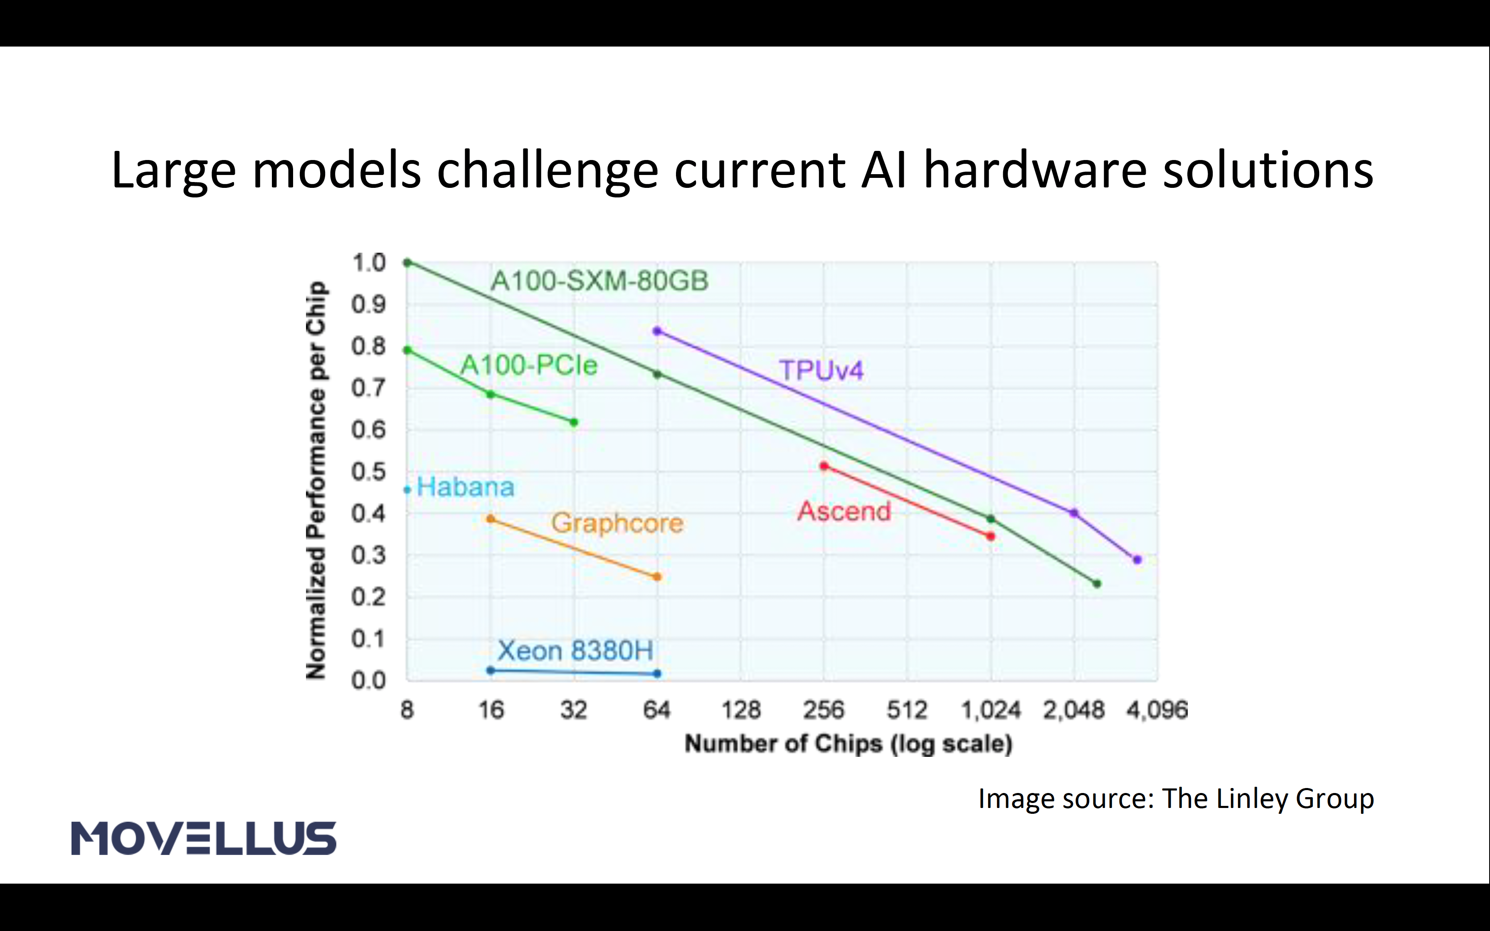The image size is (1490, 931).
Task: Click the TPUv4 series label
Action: coord(821,370)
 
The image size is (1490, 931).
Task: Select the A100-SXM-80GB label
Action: coord(599,281)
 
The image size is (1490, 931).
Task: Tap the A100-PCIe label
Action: coord(529,365)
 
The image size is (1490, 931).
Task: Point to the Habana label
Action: coord(466,487)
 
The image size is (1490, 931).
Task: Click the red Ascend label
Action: coord(844,511)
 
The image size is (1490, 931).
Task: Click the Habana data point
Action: coord(407,490)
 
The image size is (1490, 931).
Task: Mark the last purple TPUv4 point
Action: coord(1137,560)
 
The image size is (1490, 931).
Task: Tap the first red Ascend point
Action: coord(824,466)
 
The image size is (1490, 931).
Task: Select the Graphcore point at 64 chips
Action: coord(657,577)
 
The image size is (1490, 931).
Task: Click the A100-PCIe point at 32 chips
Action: coord(574,422)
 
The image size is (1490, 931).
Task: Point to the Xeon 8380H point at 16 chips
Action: coord(491,670)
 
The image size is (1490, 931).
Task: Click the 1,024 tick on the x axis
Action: coord(991,710)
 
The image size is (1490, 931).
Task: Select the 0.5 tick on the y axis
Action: coord(368,472)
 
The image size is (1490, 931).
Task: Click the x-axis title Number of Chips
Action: coord(849,744)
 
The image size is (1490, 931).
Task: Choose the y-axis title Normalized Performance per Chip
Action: coord(316,480)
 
